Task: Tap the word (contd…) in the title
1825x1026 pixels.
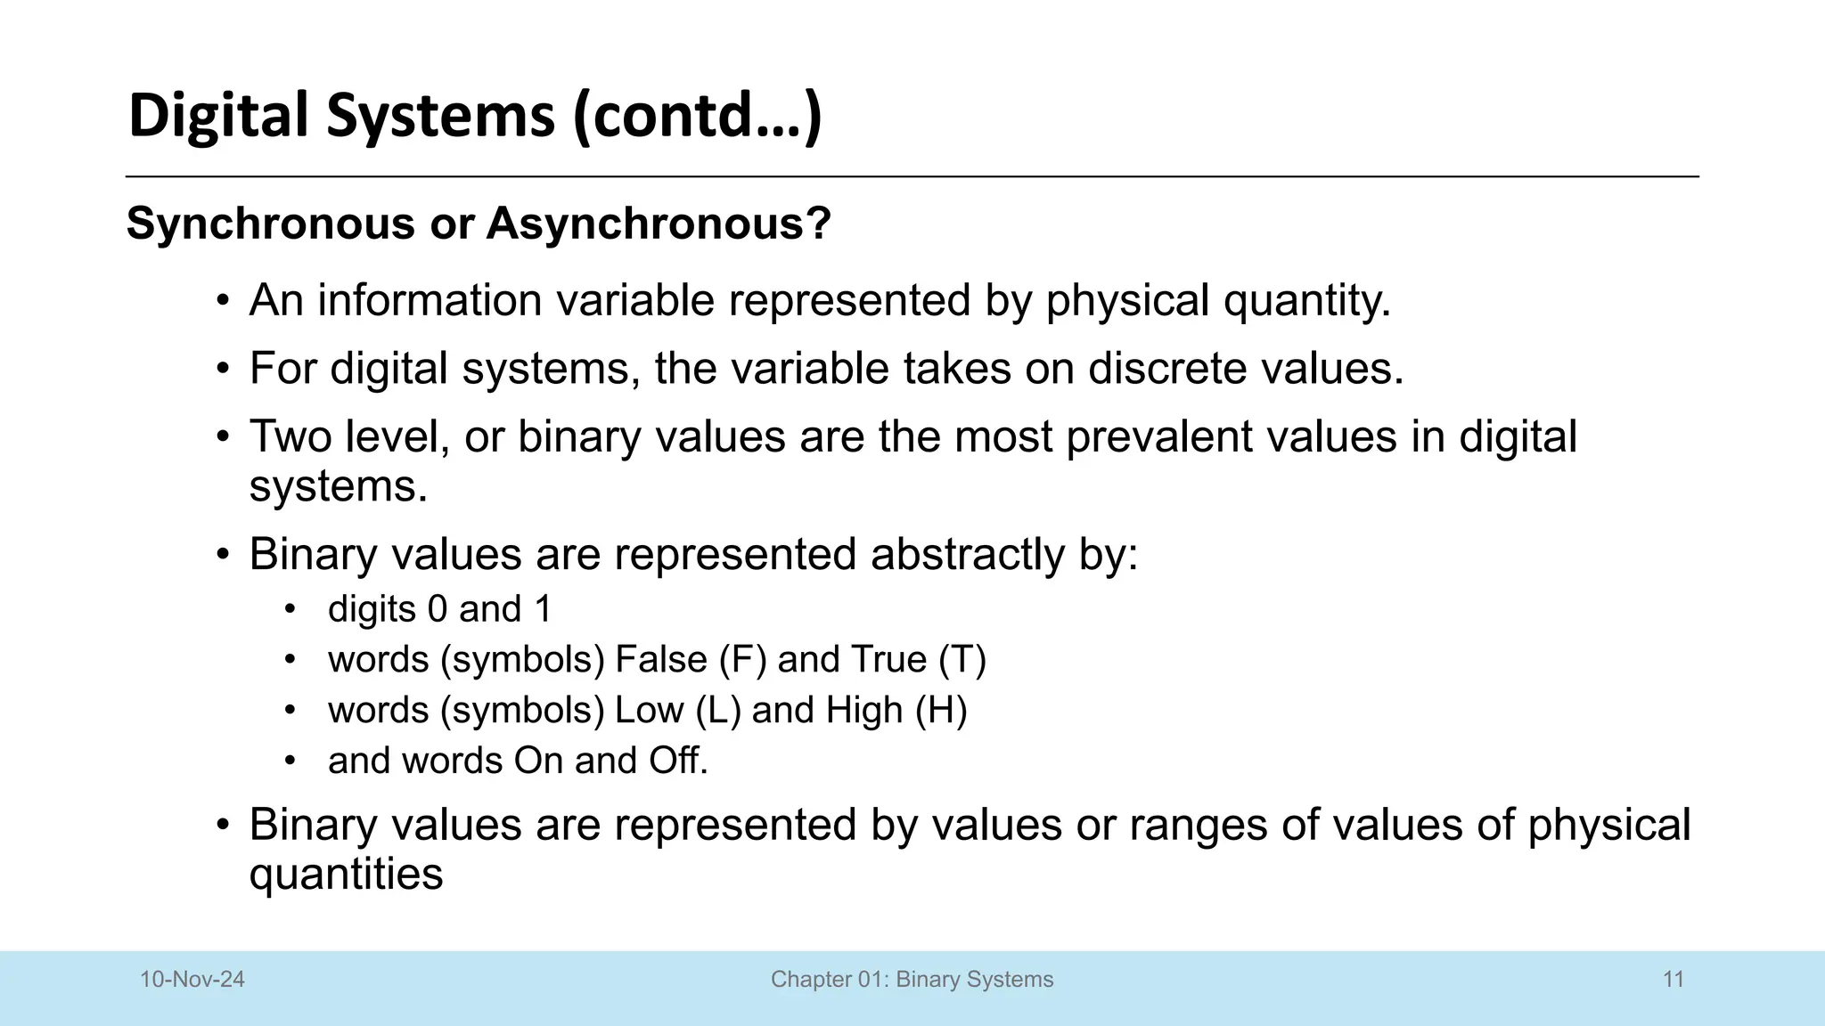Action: pos(697,117)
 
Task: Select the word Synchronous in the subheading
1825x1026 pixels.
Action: pos(270,223)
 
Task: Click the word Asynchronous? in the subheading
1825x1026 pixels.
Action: pos(659,223)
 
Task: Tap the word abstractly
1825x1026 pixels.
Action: pos(967,554)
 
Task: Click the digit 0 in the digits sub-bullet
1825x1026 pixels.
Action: pos(437,609)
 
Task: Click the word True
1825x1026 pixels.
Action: pos(888,660)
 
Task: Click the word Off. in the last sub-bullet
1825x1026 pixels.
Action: pos(677,761)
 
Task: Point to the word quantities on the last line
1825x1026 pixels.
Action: pos(346,875)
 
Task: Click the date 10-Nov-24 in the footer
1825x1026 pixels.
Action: pos(192,980)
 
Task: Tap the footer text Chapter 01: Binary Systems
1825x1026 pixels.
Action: pos(912,980)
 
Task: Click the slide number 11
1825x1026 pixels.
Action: pos(1673,980)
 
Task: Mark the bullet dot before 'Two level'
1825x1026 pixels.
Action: pos(224,437)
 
